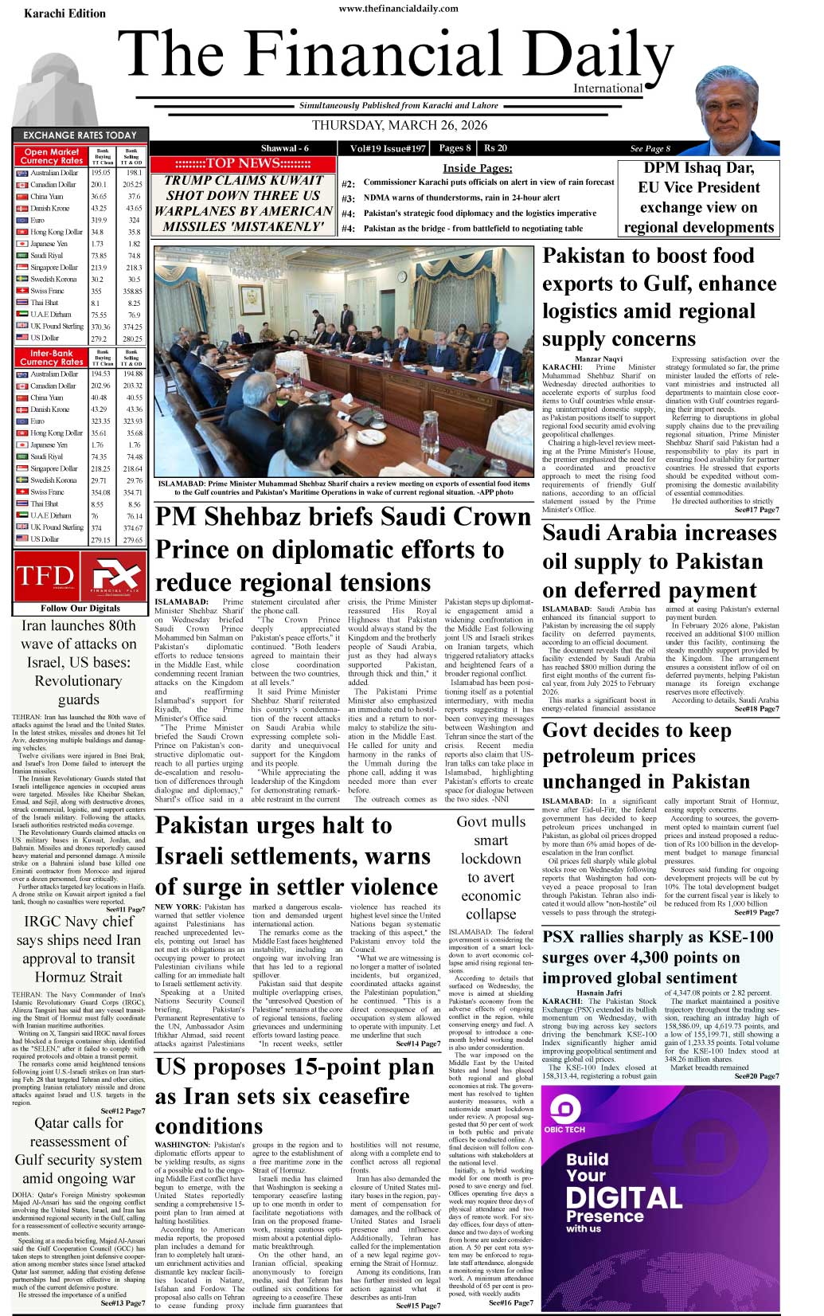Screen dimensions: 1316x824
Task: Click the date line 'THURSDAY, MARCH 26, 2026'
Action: tap(399, 125)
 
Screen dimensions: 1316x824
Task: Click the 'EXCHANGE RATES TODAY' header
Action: tap(80, 135)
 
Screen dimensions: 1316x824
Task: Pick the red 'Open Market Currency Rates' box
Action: tap(52, 156)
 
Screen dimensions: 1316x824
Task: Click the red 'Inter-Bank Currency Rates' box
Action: tap(52, 357)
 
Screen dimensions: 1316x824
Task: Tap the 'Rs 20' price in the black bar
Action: tap(495, 148)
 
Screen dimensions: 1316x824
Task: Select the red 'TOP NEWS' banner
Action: tap(243, 163)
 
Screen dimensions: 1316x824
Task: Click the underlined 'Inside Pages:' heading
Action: tap(477, 168)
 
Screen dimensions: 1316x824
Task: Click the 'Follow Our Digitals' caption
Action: tap(80, 608)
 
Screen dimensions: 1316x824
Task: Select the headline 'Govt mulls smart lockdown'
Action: tap(490, 868)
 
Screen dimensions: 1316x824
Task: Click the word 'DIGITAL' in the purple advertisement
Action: tap(623, 1197)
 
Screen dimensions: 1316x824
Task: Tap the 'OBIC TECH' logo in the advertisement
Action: tap(564, 1117)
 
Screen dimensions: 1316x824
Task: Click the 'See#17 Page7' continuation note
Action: tap(756, 510)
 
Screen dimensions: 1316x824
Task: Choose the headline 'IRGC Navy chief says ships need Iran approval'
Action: tap(79, 949)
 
